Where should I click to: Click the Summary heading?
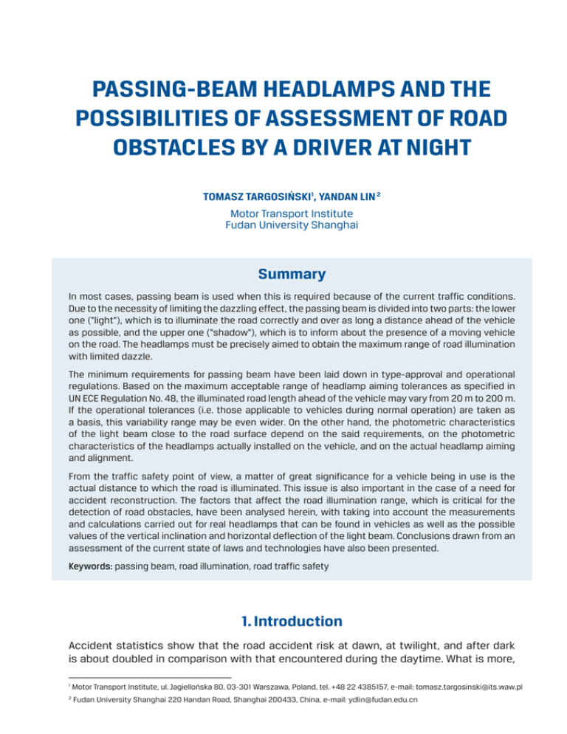click(x=283, y=275)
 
